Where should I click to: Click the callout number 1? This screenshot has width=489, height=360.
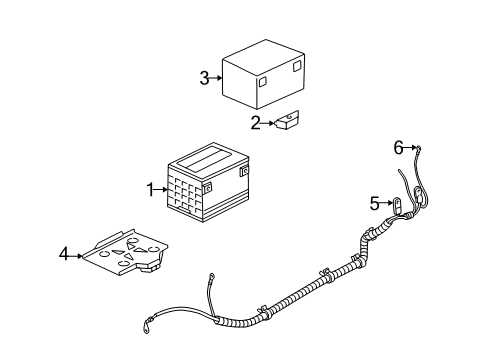point(151,188)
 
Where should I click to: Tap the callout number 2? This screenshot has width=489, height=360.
point(255,123)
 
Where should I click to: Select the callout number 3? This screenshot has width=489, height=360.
point(204,77)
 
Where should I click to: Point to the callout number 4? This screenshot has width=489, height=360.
point(64,255)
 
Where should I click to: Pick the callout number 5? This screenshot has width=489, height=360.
point(375,203)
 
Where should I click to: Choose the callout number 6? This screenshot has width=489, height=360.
point(398,148)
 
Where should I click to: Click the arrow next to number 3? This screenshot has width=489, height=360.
point(215,77)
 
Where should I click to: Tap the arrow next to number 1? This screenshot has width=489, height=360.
point(162,188)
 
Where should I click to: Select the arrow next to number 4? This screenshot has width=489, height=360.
point(77,255)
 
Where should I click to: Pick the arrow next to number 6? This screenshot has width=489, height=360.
point(408,149)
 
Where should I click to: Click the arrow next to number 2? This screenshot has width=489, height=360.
point(266,123)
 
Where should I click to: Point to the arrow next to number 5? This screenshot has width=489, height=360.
point(386,203)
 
